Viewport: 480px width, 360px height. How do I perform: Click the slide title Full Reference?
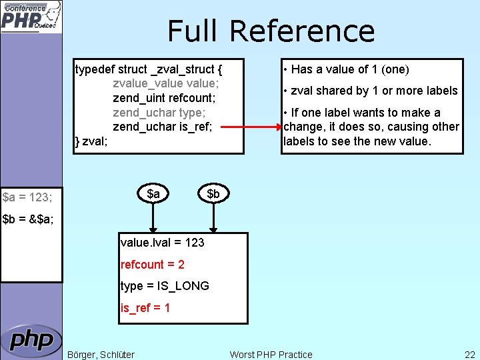point(271,31)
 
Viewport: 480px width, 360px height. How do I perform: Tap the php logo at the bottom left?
point(31,341)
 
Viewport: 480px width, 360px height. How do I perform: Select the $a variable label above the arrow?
point(153,194)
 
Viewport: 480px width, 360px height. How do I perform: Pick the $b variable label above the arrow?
point(213,194)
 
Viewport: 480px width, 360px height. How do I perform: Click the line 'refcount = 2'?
point(153,265)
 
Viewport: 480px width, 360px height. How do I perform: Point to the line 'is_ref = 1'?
point(145,307)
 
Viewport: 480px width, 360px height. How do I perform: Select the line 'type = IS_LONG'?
point(165,286)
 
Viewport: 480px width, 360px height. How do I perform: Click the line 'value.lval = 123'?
point(163,243)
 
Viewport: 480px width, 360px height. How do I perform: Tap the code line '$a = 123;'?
point(28,197)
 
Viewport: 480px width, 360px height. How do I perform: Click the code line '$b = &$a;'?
point(29,219)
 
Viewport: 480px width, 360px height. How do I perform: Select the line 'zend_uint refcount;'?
point(164,98)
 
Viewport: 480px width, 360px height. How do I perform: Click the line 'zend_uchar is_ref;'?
point(163,127)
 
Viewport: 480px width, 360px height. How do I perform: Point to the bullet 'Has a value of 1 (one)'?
point(346,69)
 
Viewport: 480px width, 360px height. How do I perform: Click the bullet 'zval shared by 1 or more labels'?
point(371,91)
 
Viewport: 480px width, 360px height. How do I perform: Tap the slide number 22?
point(469,355)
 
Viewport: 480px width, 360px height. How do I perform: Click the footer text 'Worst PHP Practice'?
point(271,355)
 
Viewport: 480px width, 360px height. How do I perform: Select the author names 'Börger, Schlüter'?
point(101,355)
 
